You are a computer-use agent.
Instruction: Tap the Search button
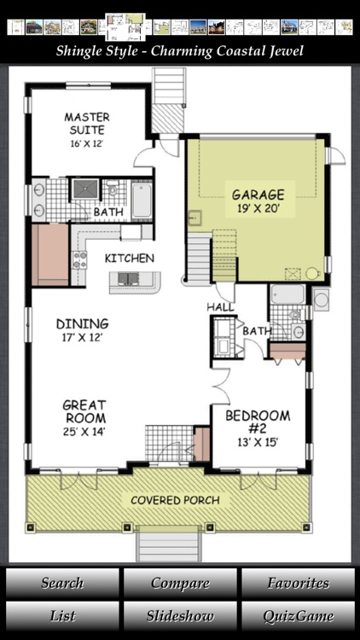pyautogui.click(x=62, y=584)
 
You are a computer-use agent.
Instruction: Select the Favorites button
pyautogui.click(x=298, y=584)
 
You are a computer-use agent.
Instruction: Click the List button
pyautogui.click(x=62, y=615)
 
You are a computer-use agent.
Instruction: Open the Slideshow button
pyautogui.click(x=179, y=615)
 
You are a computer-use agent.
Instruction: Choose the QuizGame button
pyautogui.click(x=298, y=615)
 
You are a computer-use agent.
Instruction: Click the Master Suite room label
pyautogui.click(x=84, y=124)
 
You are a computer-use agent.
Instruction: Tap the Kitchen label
pyautogui.click(x=129, y=258)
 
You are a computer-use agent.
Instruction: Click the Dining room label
pyautogui.click(x=82, y=323)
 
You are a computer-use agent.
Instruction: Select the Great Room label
pyautogui.click(x=84, y=411)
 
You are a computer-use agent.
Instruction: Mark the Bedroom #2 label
pyautogui.click(x=257, y=422)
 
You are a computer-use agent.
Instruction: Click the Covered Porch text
pyautogui.click(x=174, y=500)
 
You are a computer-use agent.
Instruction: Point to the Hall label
pyautogui.click(x=220, y=307)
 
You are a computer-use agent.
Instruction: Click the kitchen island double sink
pyautogui.click(x=130, y=277)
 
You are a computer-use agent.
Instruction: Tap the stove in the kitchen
pyautogui.click(x=79, y=259)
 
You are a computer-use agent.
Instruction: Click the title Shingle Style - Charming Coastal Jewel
pyautogui.click(x=179, y=51)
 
